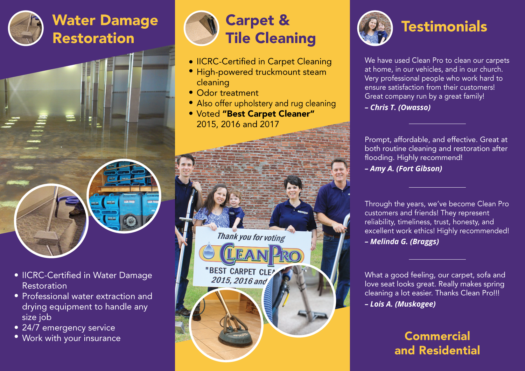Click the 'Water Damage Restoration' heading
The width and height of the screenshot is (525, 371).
click(x=105, y=29)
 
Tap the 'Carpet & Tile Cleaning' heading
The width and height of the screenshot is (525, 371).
click(x=270, y=29)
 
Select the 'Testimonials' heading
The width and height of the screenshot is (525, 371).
click(x=444, y=27)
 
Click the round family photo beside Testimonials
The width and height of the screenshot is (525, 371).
click(x=375, y=28)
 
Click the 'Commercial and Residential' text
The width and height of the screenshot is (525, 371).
click(x=437, y=343)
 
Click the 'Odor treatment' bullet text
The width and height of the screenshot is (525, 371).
click(x=227, y=93)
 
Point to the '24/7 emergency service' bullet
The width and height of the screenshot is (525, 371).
click(x=69, y=328)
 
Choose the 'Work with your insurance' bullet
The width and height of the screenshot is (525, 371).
click(x=71, y=338)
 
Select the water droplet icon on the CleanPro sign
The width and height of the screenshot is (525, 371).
click(x=209, y=251)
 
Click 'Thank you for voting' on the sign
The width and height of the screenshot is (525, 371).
click(x=251, y=237)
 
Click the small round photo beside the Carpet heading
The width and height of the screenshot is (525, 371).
click(x=201, y=28)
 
